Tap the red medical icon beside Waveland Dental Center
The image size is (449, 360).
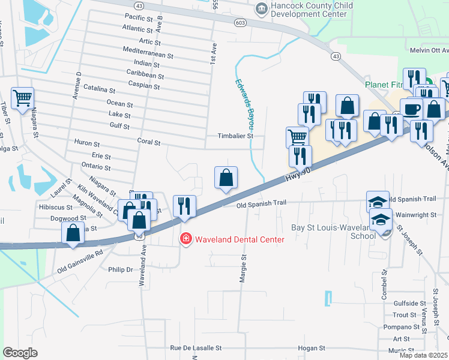point(186,239)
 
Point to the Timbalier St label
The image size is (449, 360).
point(236,136)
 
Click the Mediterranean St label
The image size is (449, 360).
point(147,53)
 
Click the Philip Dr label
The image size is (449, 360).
point(120,270)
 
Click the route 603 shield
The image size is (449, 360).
point(240,22)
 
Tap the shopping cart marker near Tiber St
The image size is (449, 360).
point(23,97)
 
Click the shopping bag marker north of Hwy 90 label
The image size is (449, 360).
point(226,178)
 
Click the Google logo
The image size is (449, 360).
point(20,353)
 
